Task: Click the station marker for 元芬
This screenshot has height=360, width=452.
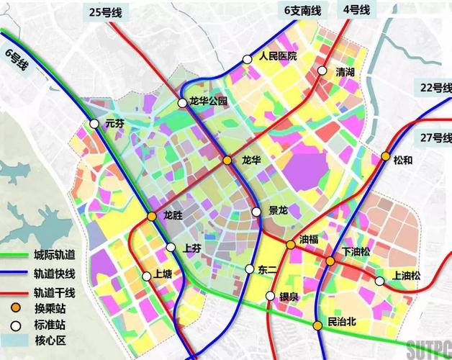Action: pos(94,124)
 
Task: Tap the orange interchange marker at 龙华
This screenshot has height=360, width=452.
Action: pos(227,161)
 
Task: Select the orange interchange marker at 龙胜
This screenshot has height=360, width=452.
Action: pos(152,216)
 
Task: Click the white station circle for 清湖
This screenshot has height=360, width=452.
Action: pos(322,71)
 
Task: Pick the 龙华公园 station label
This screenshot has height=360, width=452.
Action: pos(208,102)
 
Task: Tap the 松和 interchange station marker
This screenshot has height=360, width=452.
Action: pos(386,156)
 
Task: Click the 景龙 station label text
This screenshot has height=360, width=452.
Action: pos(278,211)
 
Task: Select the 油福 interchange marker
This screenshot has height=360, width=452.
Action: pos(290,245)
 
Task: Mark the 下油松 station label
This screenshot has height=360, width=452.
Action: pos(356,251)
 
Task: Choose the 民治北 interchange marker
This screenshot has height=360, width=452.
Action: pos(317,326)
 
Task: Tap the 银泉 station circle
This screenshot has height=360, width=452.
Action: pos(270,296)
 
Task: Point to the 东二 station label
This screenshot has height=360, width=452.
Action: pos(267,270)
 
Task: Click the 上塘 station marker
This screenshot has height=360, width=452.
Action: pos(147,275)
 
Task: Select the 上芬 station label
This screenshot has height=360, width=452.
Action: pos(192,248)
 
